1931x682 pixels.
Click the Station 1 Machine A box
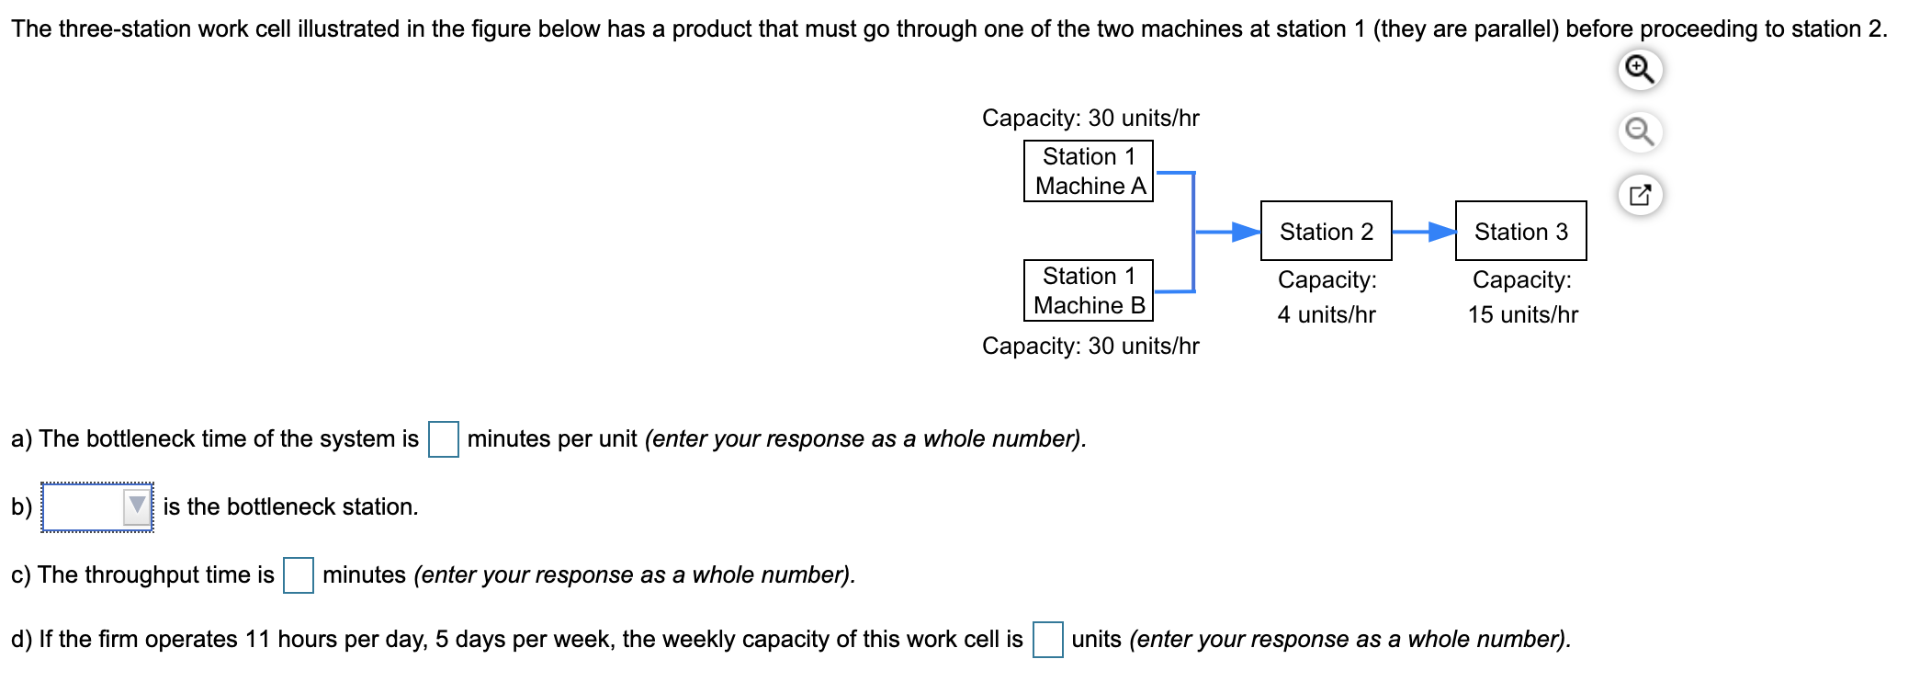tap(1088, 171)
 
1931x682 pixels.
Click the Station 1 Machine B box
tap(1088, 290)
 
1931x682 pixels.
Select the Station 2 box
tap(1326, 232)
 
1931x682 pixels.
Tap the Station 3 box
tap(1520, 232)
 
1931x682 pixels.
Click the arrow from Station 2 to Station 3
tap(1424, 232)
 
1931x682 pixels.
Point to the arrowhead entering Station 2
tap(1247, 232)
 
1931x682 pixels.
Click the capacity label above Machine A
tap(1090, 118)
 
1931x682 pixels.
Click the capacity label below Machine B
tap(1090, 346)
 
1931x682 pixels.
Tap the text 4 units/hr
tap(1326, 314)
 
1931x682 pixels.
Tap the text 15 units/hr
tap(1522, 314)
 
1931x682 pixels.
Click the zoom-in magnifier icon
tap(1640, 70)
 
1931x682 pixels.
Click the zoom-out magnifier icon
tap(1640, 132)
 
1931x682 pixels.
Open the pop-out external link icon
tap(1640, 195)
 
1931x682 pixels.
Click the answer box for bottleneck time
tap(444, 438)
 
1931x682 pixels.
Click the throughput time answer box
tap(299, 575)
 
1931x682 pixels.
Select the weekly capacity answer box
tap(1047, 640)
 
